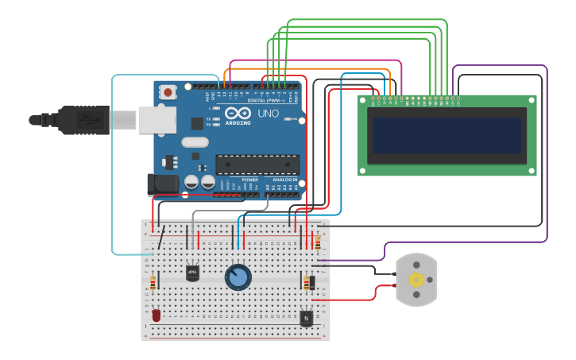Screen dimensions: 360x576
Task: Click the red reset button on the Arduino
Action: pyautogui.click(x=168, y=91)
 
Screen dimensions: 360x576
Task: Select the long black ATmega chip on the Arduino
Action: pyautogui.click(x=257, y=165)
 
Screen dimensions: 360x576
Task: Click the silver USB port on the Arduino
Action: pyautogui.click(x=157, y=120)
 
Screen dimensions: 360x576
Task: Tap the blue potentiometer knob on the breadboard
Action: pyautogui.click(x=238, y=277)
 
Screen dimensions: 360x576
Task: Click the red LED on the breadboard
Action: pyautogui.click(x=156, y=315)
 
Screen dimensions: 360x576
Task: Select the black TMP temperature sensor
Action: pyautogui.click(x=192, y=273)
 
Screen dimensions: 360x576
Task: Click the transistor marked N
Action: pyautogui.click(x=306, y=318)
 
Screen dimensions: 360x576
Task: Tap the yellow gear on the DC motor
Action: pyautogui.click(x=416, y=279)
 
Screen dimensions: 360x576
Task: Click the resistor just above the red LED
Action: pyautogui.click(x=153, y=282)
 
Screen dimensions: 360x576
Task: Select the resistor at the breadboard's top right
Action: pyautogui.click(x=318, y=242)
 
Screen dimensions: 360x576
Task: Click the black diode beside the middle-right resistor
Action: pyautogui.click(x=311, y=282)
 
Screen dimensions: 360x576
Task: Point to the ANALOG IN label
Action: pyautogui.click(x=285, y=180)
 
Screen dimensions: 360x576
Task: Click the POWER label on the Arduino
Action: pyautogui.click(x=249, y=180)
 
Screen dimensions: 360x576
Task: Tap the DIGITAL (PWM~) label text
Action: pyautogui.click(x=265, y=100)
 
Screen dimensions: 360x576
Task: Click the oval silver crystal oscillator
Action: pyautogui.click(x=195, y=143)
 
